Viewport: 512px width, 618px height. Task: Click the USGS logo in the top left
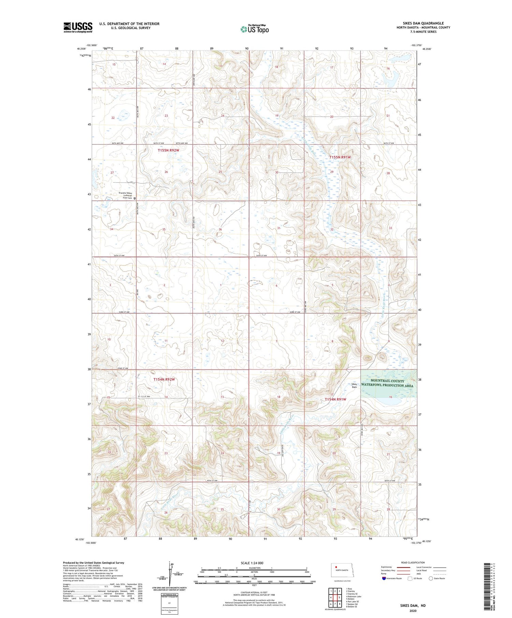tap(78, 27)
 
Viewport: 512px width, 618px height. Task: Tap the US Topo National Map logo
tap(254, 29)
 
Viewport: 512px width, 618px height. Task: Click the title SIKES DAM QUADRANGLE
tap(423, 23)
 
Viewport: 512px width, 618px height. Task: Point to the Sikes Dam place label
tap(354, 386)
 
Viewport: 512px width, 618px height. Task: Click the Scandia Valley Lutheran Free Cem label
tap(125, 196)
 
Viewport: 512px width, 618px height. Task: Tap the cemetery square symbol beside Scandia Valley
tap(134, 198)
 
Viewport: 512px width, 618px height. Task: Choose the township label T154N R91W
tap(335, 399)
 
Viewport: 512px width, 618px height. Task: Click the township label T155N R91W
tap(340, 157)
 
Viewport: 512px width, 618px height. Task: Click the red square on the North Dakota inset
tap(336, 567)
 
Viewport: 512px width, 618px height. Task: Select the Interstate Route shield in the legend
tap(384, 578)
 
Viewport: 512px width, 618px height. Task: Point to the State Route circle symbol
tap(431, 578)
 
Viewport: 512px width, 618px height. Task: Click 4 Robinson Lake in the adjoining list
tap(354, 597)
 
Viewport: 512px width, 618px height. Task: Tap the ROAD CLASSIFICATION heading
tap(413, 563)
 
